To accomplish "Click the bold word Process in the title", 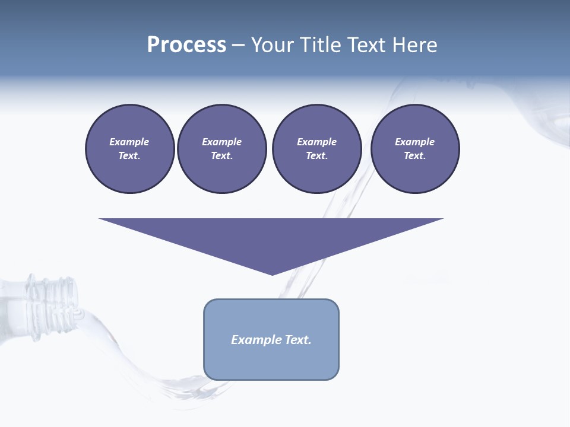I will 186,44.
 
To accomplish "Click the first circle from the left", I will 129,149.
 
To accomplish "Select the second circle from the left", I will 221,149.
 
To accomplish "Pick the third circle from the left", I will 316,149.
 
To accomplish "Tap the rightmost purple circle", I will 415,149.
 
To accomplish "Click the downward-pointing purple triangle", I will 271,237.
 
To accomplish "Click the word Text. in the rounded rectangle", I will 298,340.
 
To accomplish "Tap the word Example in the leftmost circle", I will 129,142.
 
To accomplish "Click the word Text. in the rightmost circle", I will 415,156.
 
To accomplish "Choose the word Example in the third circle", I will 316,142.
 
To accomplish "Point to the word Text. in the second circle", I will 221,156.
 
